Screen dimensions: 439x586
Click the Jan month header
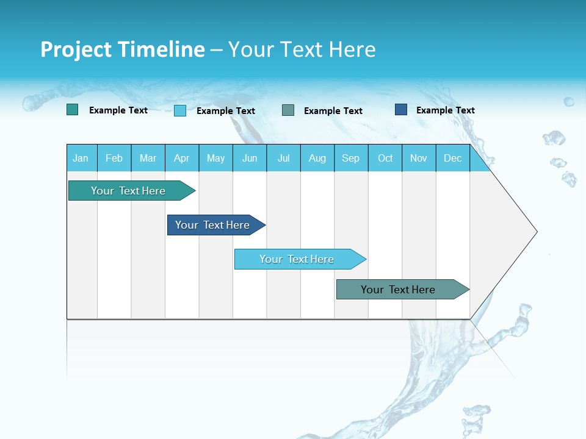coord(81,158)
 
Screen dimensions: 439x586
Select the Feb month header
coord(114,158)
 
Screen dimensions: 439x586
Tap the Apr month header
coord(182,158)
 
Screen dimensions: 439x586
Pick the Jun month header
coord(250,158)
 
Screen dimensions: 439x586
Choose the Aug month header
coord(317,158)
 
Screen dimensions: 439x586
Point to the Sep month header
coord(351,158)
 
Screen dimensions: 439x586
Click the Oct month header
coord(385,158)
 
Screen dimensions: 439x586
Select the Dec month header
coord(453,158)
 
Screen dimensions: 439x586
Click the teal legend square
coord(73,110)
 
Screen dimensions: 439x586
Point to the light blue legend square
coord(180,110)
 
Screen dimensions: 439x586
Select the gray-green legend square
coord(288,110)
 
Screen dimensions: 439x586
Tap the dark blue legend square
coord(401,110)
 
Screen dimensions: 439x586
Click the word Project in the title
coord(75,49)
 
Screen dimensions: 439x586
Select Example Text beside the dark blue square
coord(445,110)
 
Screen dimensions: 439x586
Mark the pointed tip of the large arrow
coord(536,231)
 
